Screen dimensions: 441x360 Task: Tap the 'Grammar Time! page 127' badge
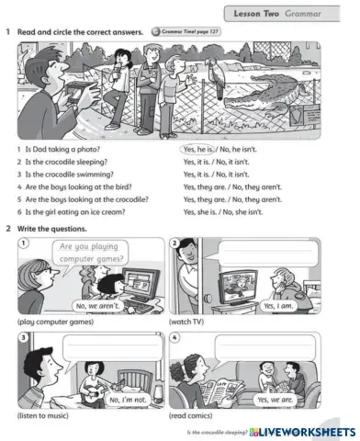187,32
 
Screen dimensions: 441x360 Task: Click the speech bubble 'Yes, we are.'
275,400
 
